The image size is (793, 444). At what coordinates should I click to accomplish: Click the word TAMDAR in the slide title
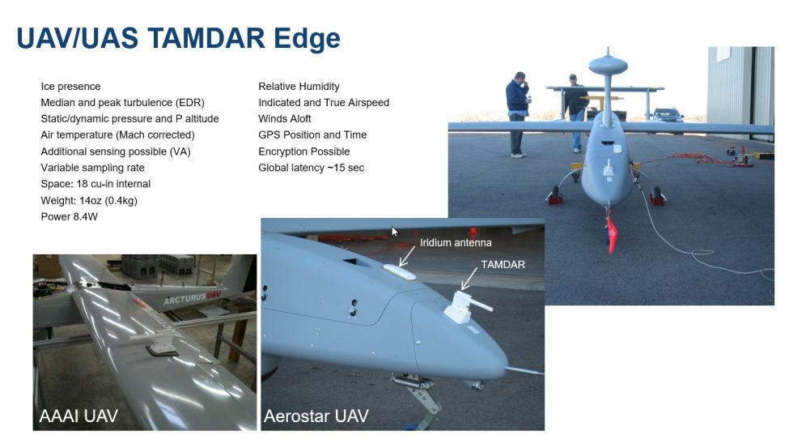(206, 38)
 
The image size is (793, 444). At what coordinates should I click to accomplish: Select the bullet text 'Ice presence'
(71, 87)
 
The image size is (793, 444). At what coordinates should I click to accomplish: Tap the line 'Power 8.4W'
(70, 216)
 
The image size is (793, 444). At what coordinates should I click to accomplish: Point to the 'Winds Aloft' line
(285, 119)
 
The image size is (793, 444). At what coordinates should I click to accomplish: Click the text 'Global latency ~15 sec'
(312, 168)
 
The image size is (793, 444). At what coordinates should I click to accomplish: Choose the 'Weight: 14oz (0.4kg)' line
(89, 200)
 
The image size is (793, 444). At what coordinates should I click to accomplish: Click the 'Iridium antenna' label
(456, 242)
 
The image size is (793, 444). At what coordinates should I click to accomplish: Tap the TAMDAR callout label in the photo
(503, 264)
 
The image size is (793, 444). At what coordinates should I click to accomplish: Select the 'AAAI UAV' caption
(78, 416)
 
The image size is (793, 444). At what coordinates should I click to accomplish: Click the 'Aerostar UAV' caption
(316, 416)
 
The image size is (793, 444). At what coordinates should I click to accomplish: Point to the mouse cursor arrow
(395, 232)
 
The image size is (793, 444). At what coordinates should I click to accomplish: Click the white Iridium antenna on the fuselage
(400, 272)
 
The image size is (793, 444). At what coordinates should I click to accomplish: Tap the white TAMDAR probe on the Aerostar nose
(464, 307)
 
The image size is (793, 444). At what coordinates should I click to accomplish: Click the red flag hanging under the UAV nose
(612, 234)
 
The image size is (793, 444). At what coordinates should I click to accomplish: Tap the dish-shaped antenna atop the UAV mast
(608, 65)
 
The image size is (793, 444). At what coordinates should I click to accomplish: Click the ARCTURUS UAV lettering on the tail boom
(193, 297)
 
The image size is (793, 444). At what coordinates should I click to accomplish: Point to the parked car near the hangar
(668, 115)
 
